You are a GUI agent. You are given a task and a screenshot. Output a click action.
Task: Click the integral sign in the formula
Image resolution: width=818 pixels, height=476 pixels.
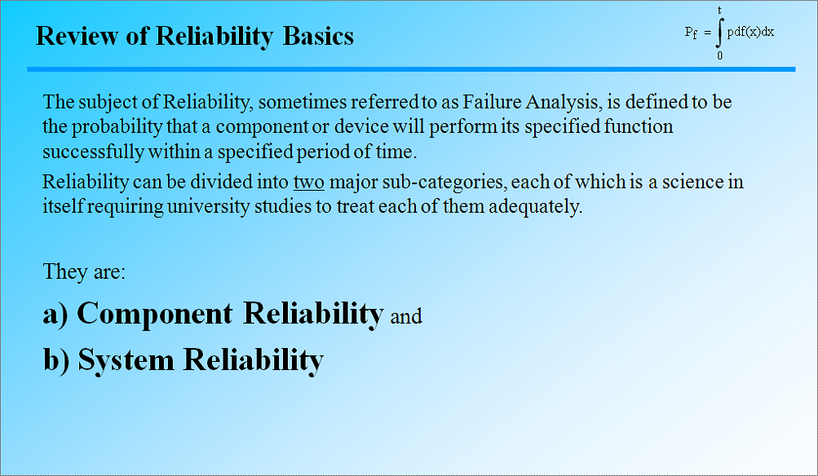click(x=719, y=33)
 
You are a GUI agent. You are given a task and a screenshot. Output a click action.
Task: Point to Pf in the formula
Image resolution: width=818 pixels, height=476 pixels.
click(x=691, y=33)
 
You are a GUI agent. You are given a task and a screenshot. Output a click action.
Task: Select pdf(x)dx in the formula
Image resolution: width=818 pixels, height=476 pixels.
click(x=750, y=33)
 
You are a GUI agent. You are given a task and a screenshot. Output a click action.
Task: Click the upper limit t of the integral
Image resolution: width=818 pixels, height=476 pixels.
click(x=719, y=10)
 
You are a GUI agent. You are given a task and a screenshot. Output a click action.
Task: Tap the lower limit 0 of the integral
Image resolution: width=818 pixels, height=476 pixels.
click(x=719, y=56)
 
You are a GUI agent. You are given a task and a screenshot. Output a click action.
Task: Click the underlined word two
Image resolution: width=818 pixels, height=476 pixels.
click(x=308, y=181)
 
